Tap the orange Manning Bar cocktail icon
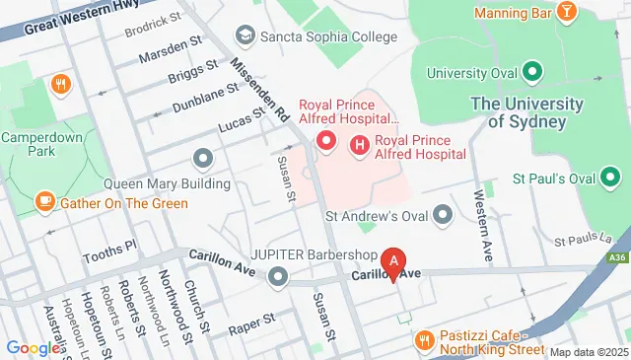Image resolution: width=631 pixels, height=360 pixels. (x=566, y=12)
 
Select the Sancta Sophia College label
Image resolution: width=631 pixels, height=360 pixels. (x=326, y=36)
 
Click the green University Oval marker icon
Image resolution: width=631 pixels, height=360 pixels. (x=531, y=72)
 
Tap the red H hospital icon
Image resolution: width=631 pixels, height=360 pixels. (x=360, y=145)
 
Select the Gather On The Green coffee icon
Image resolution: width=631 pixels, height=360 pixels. (x=44, y=202)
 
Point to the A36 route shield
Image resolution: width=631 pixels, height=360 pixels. (x=617, y=258)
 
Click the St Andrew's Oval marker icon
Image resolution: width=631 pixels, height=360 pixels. (x=443, y=214)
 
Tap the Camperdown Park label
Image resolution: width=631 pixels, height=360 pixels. (x=39, y=146)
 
